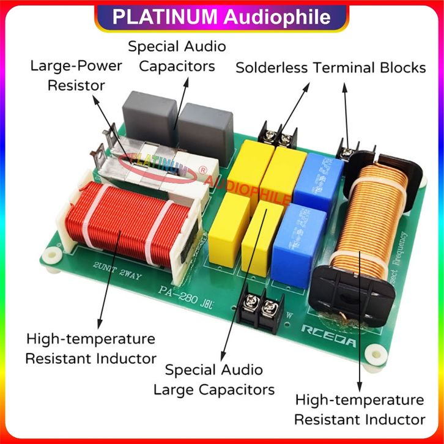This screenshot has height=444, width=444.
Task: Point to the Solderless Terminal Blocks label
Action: [x=331, y=67]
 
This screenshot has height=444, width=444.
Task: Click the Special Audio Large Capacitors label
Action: [x=214, y=379]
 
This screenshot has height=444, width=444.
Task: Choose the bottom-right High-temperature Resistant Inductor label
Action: [x=360, y=410]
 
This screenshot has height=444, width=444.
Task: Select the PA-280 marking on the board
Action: [x=178, y=293]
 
